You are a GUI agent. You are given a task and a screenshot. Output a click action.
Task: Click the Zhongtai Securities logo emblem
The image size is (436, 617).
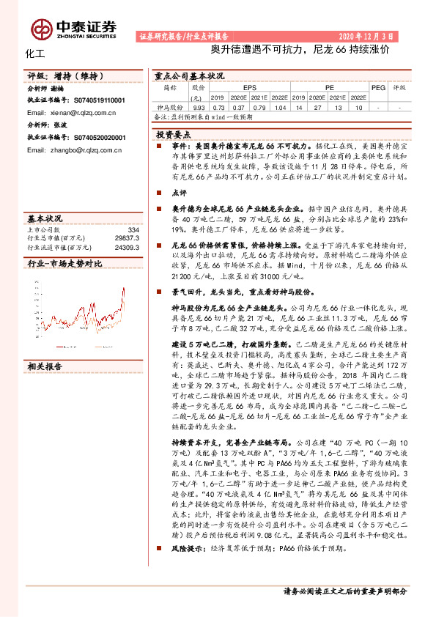[41, 28]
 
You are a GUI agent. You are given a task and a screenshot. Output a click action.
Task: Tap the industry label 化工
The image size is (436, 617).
[34, 53]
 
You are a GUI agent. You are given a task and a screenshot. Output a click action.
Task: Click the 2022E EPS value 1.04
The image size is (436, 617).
[277, 106]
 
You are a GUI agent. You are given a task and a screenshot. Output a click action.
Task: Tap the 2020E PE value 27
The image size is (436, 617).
[317, 106]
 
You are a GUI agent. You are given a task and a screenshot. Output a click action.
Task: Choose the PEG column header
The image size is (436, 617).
[378, 86]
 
